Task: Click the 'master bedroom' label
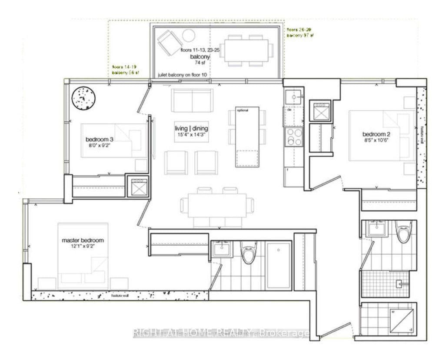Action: click(x=83, y=240)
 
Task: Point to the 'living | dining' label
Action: click(x=191, y=128)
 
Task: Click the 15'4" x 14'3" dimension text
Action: click(x=191, y=135)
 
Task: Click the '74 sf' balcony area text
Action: click(x=199, y=63)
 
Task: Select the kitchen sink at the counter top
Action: click(x=293, y=97)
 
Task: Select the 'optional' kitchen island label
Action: click(x=243, y=110)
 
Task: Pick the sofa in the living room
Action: click(x=192, y=100)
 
